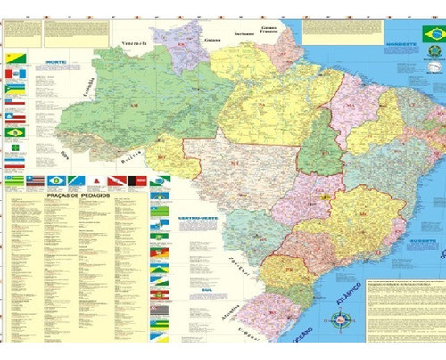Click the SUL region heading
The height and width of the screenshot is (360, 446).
[184, 265]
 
